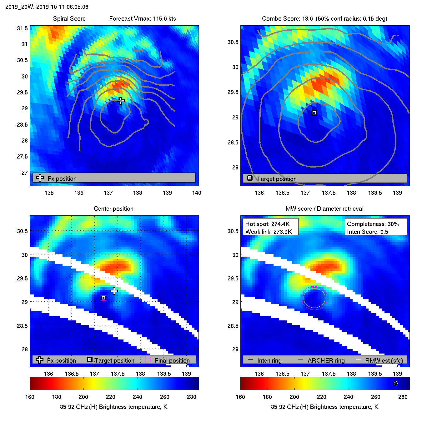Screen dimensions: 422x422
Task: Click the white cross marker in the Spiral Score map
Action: pos(121,101)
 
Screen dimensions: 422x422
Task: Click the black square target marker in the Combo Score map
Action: pos(314,113)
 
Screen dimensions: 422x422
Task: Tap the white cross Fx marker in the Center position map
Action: pos(114,291)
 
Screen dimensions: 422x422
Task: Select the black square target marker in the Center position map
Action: pos(103,298)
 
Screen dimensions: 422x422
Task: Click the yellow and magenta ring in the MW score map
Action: pos(314,298)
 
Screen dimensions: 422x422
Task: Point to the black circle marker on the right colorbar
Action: pos(395,383)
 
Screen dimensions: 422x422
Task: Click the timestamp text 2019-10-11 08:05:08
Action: pos(62,7)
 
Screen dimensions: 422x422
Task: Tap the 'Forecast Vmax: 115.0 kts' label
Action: pos(143,19)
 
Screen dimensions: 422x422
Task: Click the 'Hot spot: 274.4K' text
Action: pos(268,224)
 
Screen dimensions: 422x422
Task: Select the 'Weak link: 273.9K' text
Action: pos(269,232)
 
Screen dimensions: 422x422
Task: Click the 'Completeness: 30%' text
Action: pos(373,224)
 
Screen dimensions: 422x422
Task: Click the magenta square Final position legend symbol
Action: pos(148,359)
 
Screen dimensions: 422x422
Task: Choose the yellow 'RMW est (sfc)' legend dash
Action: pos(359,359)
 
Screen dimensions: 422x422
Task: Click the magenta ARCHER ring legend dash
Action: pos(301,359)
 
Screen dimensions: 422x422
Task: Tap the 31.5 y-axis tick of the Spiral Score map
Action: pos(22,28)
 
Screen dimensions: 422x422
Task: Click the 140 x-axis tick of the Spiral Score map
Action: pos(197,193)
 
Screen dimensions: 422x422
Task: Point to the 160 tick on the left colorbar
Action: pos(30,397)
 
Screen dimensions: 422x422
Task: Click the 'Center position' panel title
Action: pos(113,209)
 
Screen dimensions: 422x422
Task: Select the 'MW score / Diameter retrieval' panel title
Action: pos(324,209)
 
